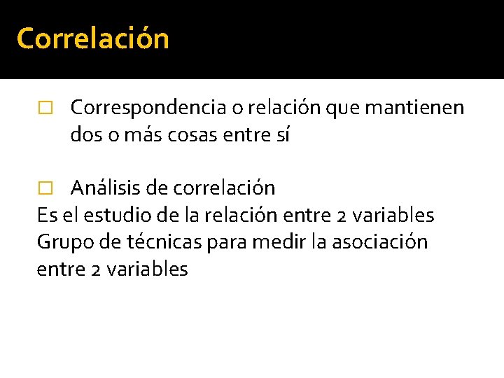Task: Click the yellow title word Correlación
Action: [x=92, y=38]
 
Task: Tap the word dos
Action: [x=86, y=136]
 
